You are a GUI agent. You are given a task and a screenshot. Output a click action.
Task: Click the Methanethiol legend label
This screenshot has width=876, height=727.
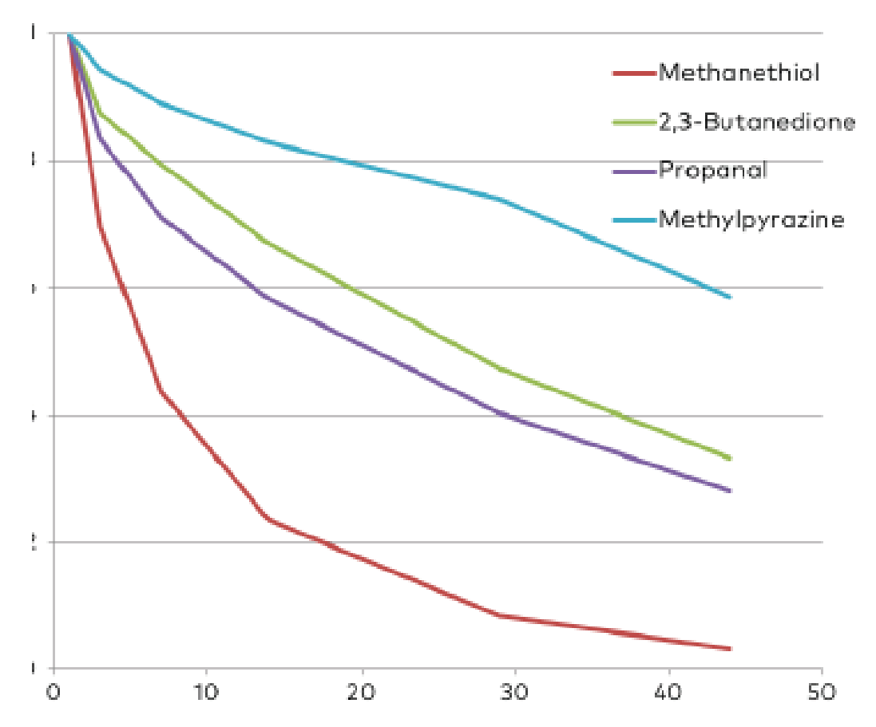tap(739, 73)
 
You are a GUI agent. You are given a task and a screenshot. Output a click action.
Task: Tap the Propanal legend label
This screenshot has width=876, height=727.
tap(712, 170)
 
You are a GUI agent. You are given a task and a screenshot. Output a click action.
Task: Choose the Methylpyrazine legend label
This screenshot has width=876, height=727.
tap(751, 219)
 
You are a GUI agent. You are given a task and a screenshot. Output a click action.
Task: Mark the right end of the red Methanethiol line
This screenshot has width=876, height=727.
tap(730, 649)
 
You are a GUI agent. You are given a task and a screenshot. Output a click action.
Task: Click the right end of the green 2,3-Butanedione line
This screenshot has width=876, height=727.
tap(730, 458)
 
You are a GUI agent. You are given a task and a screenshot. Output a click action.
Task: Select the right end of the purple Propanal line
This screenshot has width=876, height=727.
tap(730, 491)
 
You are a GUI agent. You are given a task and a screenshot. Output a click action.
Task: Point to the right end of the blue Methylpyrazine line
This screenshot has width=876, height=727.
tap(730, 297)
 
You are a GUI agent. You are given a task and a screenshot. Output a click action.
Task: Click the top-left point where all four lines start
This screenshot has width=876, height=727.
tap(69, 34)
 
